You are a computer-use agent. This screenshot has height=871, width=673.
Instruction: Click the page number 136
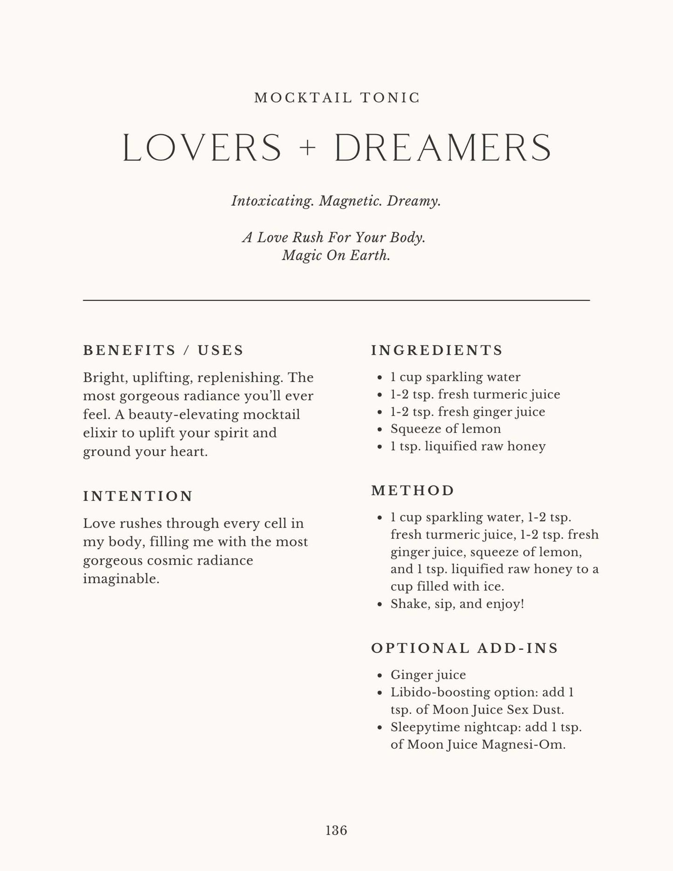[x=336, y=830]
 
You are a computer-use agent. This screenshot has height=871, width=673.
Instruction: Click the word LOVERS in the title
[x=202, y=148]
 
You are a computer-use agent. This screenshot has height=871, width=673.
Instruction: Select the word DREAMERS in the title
[x=443, y=148]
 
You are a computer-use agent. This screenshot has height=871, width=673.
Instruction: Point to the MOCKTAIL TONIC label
[x=337, y=98]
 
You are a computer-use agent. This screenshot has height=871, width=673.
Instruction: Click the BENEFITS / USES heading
[x=163, y=350]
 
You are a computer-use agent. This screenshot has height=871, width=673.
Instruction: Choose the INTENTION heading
[x=138, y=496]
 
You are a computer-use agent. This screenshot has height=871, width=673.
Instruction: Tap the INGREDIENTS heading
[x=437, y=350]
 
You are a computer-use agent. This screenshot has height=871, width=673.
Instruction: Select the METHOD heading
[x=413, y=490]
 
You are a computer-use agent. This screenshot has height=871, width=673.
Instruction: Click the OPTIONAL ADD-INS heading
[x=464, y=648]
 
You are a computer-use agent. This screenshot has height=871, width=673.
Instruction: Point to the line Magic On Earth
[x=336, y=256]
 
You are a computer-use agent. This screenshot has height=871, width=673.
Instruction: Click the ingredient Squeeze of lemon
[x=446, y=429]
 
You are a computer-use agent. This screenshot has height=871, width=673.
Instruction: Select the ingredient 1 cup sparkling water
[x=455, y=377]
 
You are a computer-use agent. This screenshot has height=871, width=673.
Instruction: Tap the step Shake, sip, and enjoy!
[x=457, y=604]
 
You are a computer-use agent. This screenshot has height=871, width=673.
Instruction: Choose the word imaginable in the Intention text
[x=121, y=579]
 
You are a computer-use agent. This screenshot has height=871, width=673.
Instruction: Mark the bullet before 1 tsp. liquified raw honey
[x=380, y=446]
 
